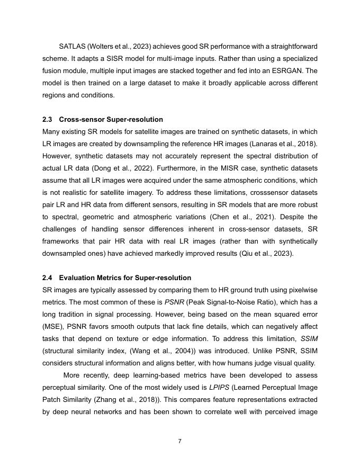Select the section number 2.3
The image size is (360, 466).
pyautogui.click(x=48, y=119)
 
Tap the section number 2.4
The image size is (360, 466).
pyautogui.click(x=48, y=277)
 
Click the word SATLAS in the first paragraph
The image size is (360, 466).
pyautogui.click(x=72, y=46)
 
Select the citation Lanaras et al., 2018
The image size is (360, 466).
pyautogui.click(x=287, y=144)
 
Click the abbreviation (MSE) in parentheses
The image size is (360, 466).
pyautogui.click(x=52, y=326)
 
